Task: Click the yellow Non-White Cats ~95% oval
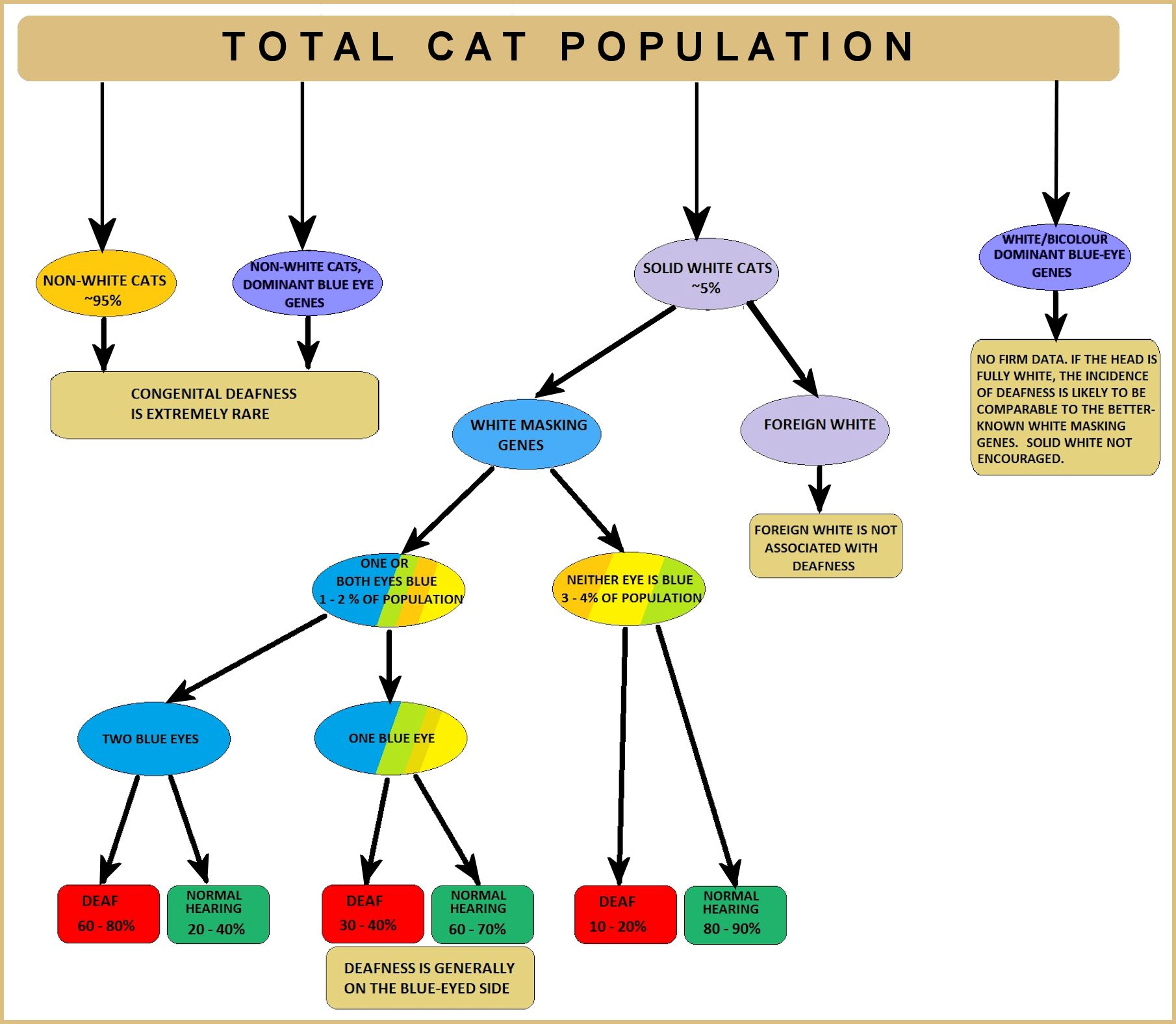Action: (105, 283)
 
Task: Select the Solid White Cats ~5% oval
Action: (706, 274)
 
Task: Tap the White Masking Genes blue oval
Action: (526, 434)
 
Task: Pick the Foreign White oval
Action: (815, 429)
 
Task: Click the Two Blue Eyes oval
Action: (153, 739)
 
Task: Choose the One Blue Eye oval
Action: (390, 739)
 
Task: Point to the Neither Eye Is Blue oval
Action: (629, 589)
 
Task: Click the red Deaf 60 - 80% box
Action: (109, 913)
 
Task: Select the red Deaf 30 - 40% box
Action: (372, 913)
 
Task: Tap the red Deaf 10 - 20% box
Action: (625, 914)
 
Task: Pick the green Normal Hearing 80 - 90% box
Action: (735, 914)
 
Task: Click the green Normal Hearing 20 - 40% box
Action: (218, 914)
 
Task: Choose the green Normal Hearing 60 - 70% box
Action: (482, 914)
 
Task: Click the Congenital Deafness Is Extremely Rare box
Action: (214, 404)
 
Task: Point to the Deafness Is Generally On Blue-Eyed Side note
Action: (429, 978)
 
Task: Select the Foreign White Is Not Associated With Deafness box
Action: (825, 546)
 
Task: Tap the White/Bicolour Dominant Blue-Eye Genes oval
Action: (1055, 256)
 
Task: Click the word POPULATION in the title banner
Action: (737, 47)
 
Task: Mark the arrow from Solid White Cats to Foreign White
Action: (782, 349)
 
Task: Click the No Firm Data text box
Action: (1065, 408)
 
